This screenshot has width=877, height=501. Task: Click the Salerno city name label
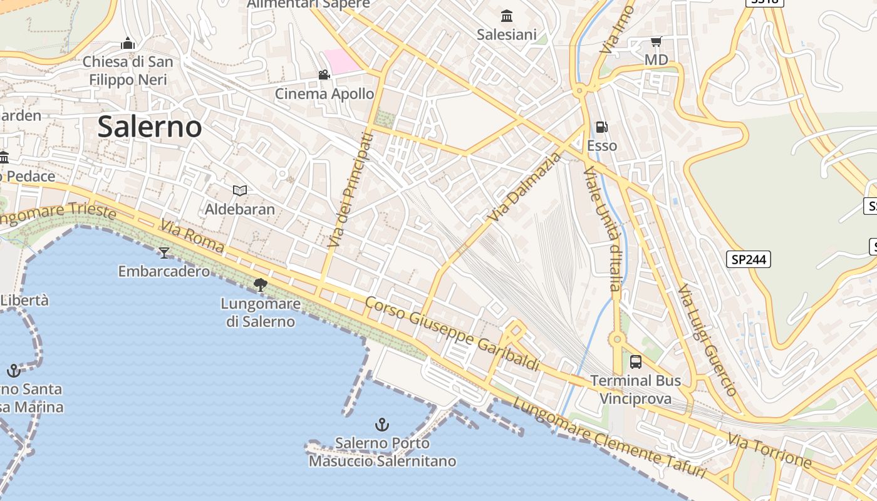tap(149, 127)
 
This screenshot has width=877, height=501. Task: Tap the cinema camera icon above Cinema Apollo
tap(324, 75)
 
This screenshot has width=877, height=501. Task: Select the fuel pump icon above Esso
tap(601, 127)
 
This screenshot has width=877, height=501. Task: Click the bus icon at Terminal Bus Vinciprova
tap(635, 361)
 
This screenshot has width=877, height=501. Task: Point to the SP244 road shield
tap(749, 259)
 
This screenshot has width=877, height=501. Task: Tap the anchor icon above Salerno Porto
tap(381, 425)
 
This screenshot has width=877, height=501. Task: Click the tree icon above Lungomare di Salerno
tap(260, 285)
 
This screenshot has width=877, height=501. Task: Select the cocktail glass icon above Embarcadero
tap(164, 252)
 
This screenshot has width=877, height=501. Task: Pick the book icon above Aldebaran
tap(239, 190)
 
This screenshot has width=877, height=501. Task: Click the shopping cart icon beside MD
tap(656, 42)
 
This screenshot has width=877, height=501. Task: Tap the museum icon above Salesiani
tap(507, 16)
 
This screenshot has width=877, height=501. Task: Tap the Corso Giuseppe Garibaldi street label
tap(452, 333)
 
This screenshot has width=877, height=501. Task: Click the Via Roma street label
tap(192, 236)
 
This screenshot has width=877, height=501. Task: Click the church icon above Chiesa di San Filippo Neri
tap(128, 43)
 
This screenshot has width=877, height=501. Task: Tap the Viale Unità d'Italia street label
tap(602, 229)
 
